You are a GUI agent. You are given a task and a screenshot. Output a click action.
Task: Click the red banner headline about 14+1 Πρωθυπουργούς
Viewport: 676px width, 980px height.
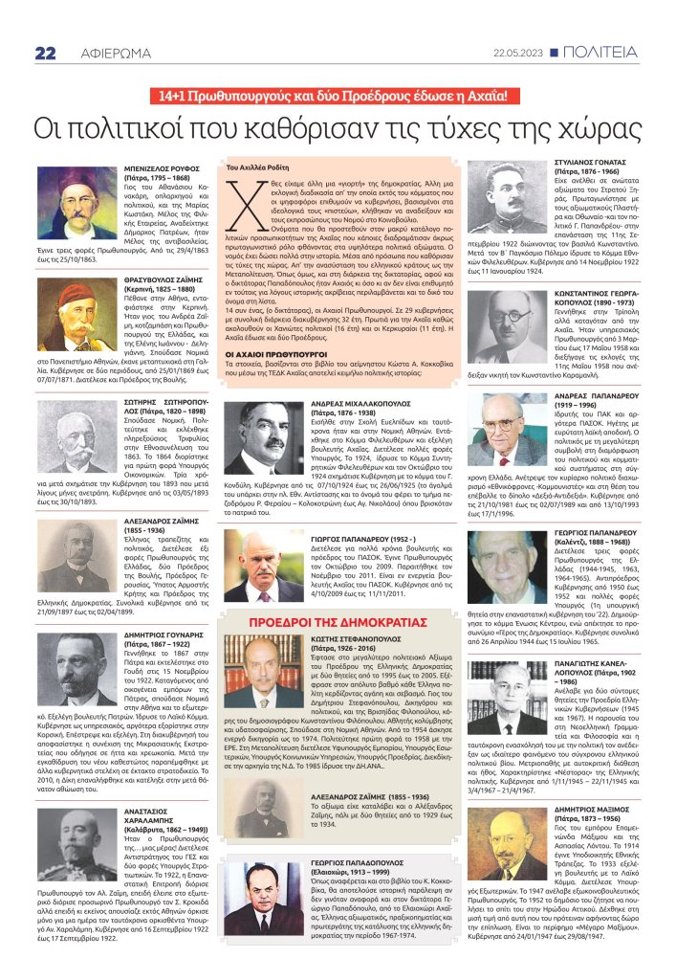[337, 96]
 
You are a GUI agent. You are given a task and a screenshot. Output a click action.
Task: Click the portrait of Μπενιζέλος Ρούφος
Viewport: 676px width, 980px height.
[76, 203]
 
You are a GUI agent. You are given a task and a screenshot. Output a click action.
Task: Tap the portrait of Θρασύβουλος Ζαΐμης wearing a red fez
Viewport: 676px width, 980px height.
[78, 302]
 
